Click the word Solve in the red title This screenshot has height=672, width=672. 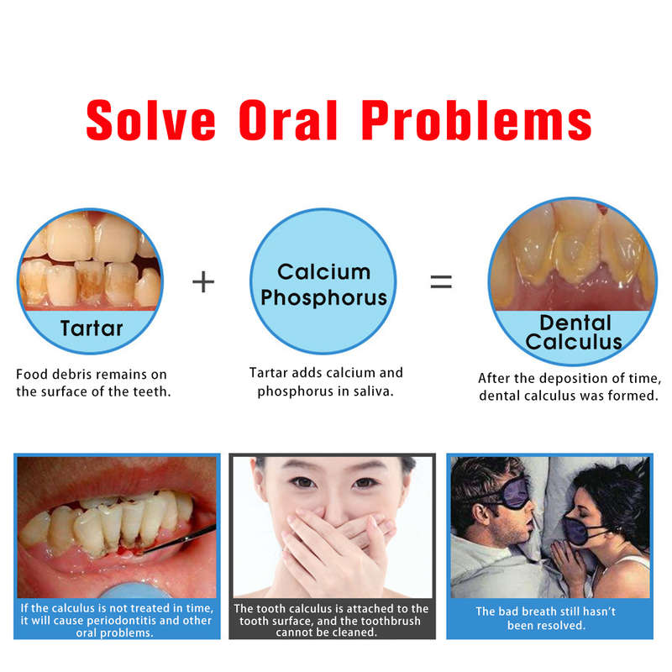(150, 120)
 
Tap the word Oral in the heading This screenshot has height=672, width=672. (288, 120)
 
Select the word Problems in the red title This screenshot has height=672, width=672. (476, 120)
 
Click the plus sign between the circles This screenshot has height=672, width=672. (203, 281)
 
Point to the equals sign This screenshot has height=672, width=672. (441, 281)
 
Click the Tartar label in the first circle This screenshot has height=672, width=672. (92, 328)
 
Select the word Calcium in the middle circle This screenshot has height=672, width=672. (324, 271)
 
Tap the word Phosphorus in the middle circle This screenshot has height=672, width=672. (324, 297)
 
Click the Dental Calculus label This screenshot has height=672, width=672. (574, 332)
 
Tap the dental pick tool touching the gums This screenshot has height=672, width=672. (180, 539)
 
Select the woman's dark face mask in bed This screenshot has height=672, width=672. (580, 530)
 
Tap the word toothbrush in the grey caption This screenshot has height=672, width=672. (391, 621)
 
